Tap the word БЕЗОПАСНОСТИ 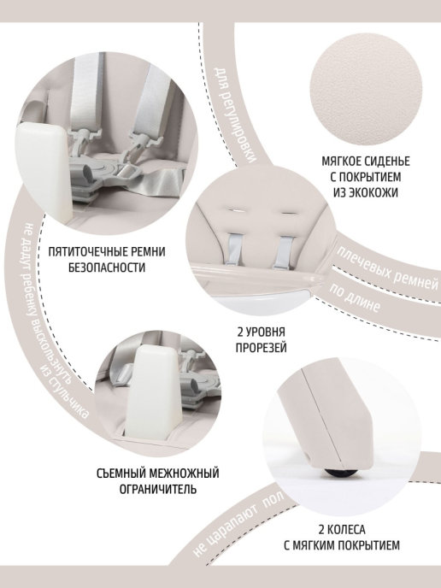[107, 268]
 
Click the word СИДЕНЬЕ [386, 162]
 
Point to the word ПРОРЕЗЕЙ [261, 347]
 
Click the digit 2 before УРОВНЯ [240, 332]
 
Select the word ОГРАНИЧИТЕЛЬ [158, 489]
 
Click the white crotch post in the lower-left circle [157, 392]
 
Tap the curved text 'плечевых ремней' [387, 268]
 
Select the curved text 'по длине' [355, 298]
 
